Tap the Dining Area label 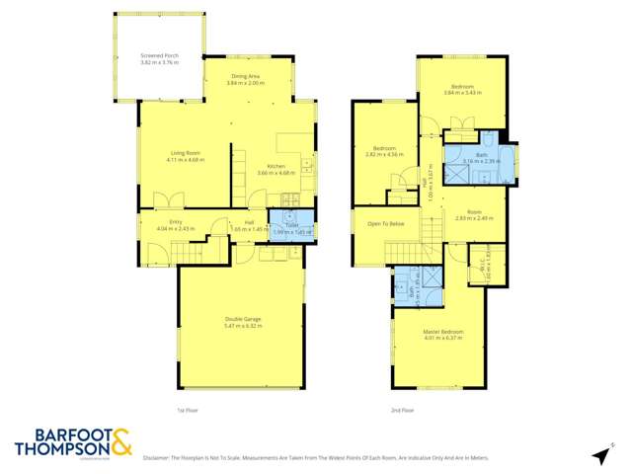point(246,80)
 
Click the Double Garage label point(239,322)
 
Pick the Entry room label point(175,225)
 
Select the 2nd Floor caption point(402,410)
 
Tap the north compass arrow point(599,454)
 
